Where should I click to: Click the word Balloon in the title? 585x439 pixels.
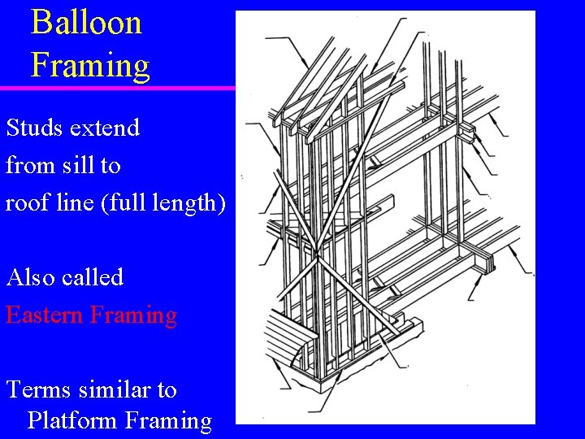(86, 23)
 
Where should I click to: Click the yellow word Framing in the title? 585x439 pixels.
(90, 64)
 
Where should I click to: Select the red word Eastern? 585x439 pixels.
(45, 315)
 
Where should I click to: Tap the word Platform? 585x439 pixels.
(73, 421)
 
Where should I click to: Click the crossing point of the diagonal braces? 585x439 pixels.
(312, 265)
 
